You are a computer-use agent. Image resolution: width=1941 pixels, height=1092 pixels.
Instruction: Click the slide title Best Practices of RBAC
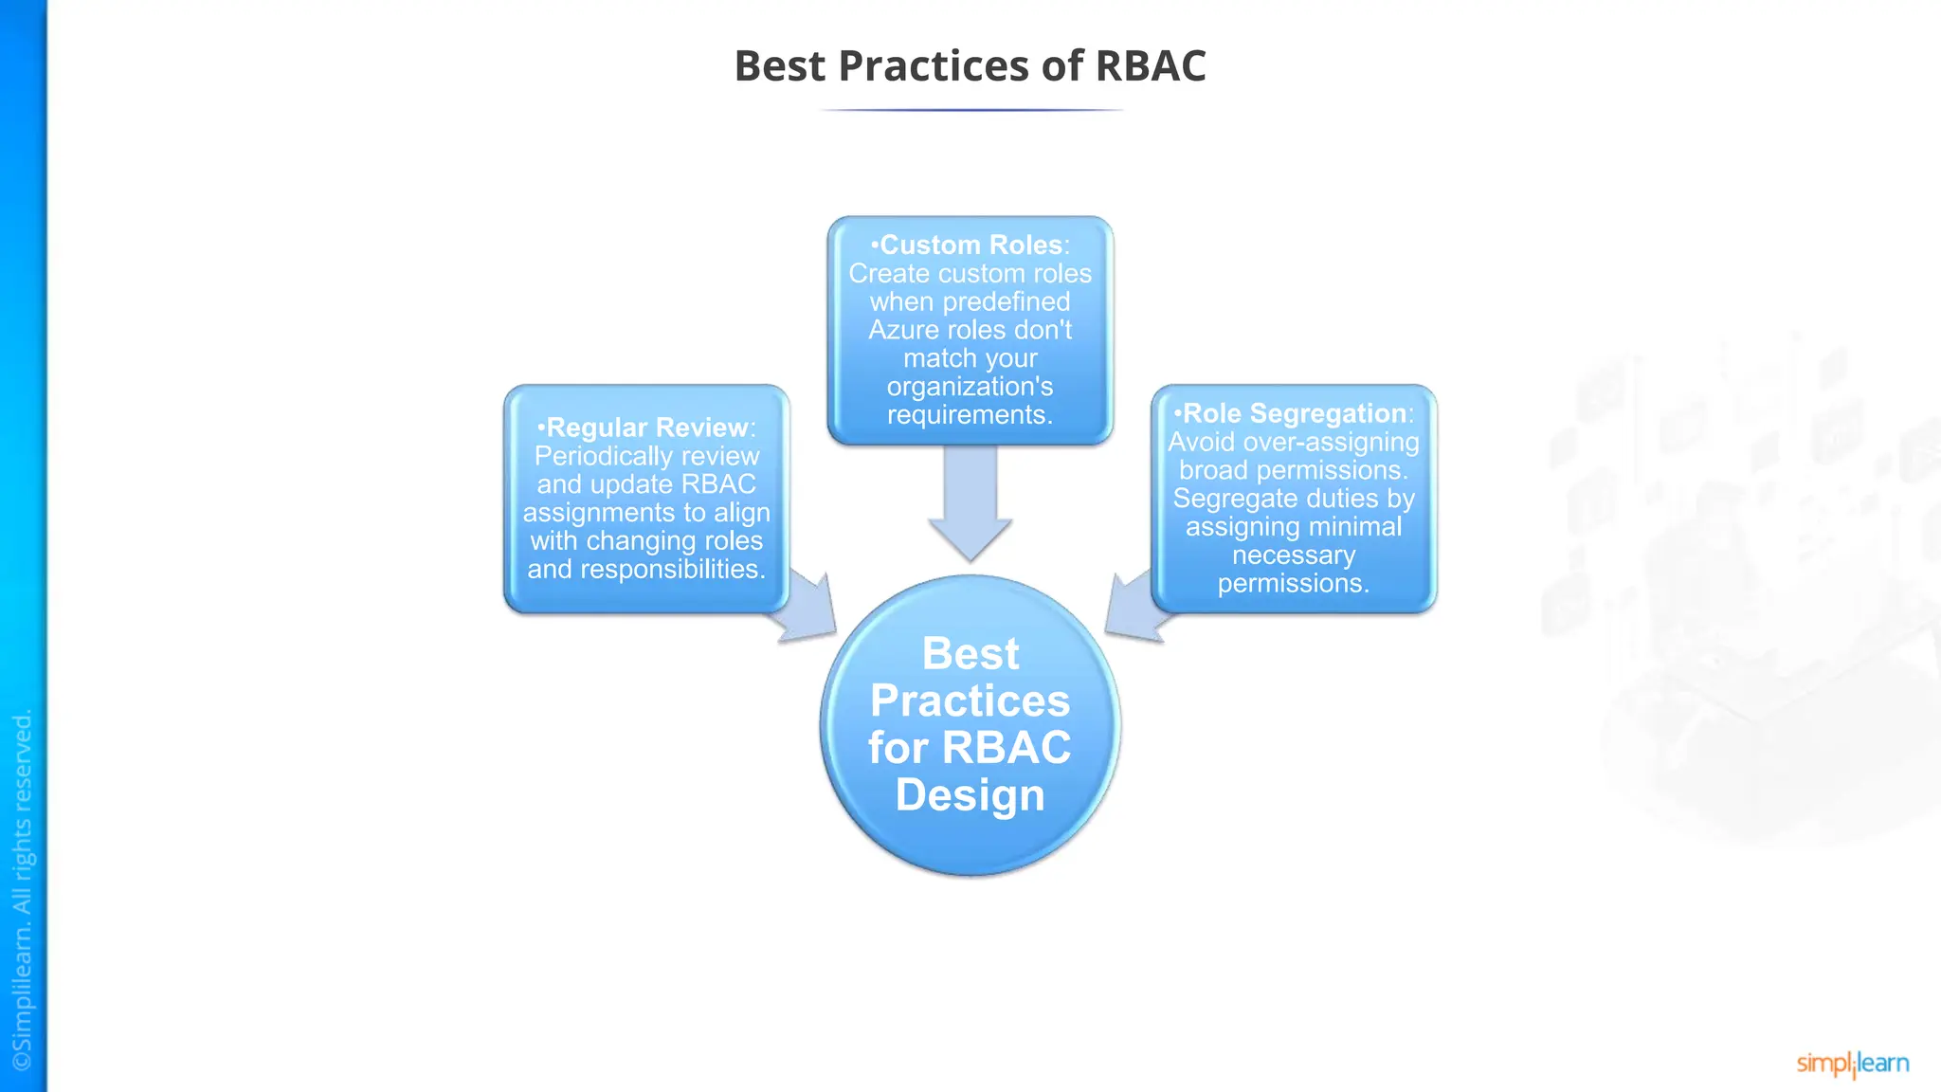click(970, 66)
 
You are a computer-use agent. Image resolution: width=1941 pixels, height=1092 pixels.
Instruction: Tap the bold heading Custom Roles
click(970, 245)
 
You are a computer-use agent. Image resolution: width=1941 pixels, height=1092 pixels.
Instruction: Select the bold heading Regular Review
click(647, 428)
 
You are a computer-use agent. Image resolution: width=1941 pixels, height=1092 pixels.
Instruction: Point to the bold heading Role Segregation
click(1294, 413)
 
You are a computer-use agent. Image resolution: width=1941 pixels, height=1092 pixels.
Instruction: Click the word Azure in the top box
click(904, 330)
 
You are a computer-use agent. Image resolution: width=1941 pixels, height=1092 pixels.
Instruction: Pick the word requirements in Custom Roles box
click(970, 415)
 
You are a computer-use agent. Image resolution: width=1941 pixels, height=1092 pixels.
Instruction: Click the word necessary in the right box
click(1294, 555)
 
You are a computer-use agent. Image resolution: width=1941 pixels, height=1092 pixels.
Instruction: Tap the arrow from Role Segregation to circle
click(1135, 608)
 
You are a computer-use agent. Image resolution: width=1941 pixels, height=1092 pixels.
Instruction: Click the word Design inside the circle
click(970, 794)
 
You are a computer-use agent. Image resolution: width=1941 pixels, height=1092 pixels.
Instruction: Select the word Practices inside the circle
click(970, 701)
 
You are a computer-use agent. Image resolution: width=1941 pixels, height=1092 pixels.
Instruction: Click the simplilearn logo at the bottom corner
click(1852, 1064)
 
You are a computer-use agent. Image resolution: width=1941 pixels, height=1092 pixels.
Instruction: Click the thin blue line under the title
click(970, 110)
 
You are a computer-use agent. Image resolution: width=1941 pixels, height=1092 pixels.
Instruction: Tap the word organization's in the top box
click(970, 387)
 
